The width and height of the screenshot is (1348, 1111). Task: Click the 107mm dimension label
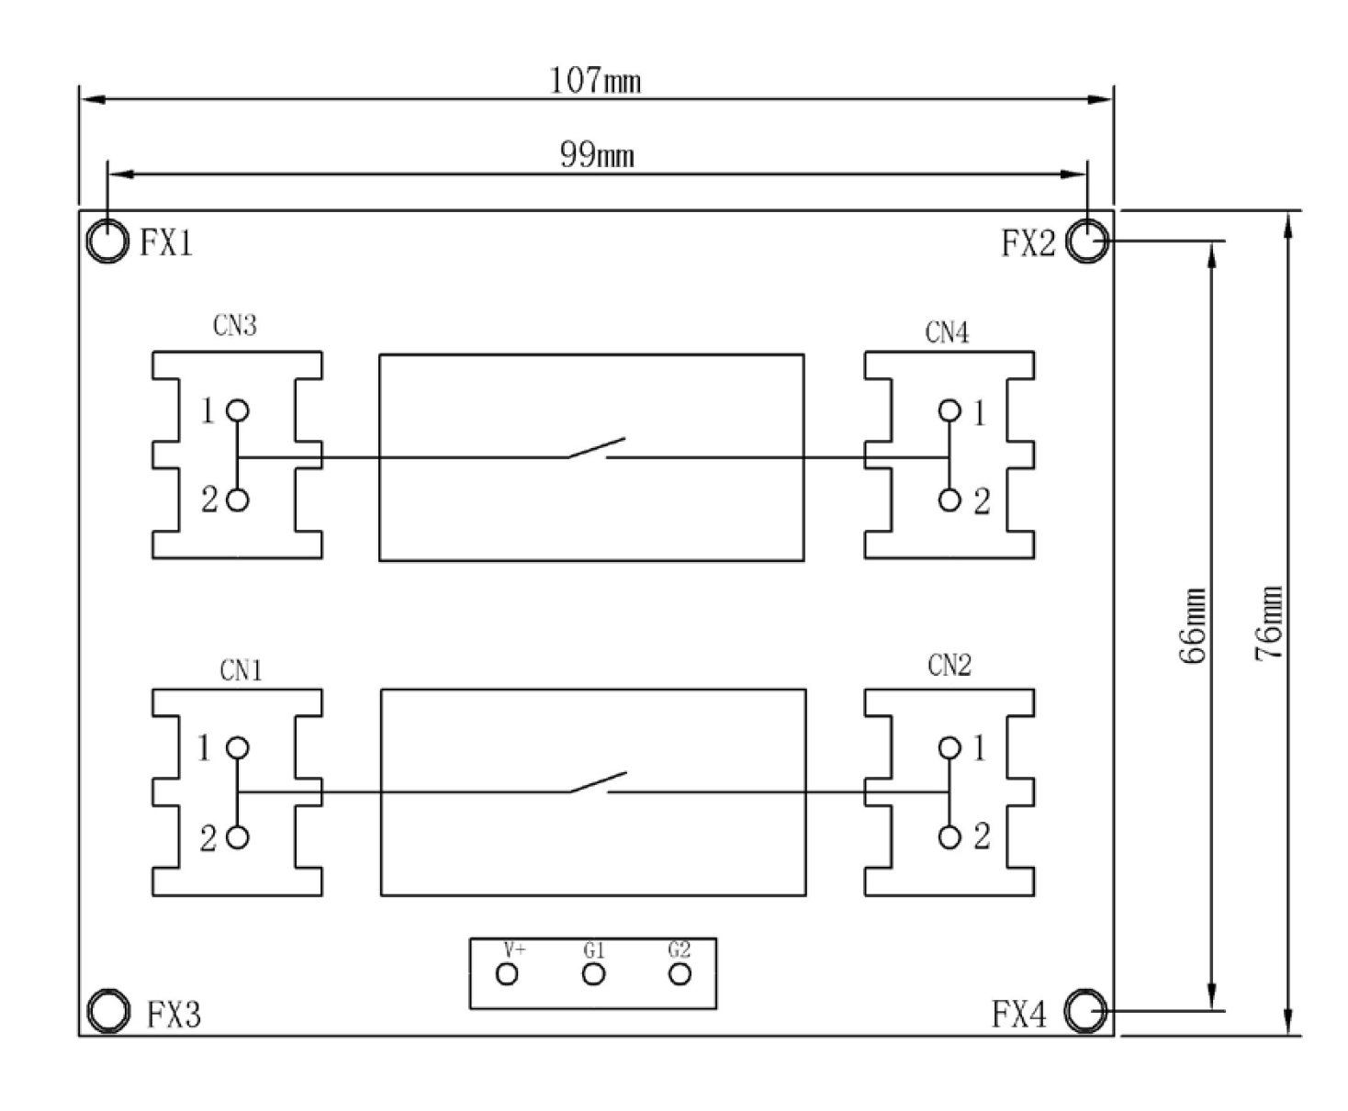pyautogui.click(x=595, y=81)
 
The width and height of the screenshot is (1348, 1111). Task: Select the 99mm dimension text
pyautogui.click(x=597, y=155)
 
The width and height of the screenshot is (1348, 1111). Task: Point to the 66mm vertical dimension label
pyautogui.click(x=1192, y=625)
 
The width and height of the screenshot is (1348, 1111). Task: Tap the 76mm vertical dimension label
pyautogui.click(x=1269, y=623)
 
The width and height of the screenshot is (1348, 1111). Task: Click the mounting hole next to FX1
pyautogui.click(x=107, y=241)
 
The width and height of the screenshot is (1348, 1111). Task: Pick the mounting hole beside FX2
pyautogui.click(x=1087, y=241)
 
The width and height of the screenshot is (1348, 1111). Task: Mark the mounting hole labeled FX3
pyautogui.click(x=108, y=1011)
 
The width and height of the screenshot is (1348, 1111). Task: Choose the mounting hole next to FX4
pyautogui.click(x=1086, y=1011)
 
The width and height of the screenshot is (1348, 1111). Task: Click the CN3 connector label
pyautogui.click(x=234, y=325)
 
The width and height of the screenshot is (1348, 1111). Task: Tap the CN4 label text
pyautogui.click(x=947, y=332)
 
